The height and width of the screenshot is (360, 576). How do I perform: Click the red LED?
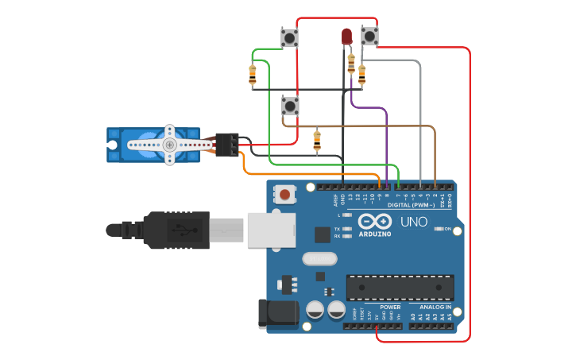346,36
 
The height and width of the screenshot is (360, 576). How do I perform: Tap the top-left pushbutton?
290,37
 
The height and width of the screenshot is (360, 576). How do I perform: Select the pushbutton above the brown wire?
291,105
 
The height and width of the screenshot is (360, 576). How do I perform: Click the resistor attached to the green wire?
253,75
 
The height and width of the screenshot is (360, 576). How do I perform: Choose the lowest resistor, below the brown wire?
317,141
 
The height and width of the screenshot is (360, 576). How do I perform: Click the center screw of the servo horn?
169,145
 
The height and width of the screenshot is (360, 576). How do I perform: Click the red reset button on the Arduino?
284,193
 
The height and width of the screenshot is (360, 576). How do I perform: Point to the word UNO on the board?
414,222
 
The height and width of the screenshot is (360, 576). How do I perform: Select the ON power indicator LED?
439,229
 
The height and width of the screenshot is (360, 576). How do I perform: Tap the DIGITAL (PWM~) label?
411,205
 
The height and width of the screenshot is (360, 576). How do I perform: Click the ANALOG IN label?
430,307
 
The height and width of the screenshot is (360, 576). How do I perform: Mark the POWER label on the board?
390,307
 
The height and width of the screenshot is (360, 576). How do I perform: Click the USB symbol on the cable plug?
180,230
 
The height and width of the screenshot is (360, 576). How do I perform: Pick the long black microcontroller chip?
400,287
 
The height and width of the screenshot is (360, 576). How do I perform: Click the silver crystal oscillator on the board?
319,258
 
